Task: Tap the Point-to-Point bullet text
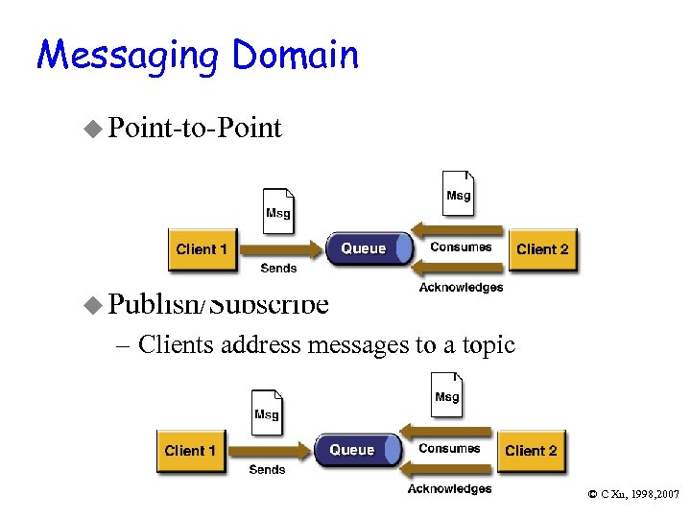click(x=195, y=128)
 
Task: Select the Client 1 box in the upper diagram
click(x=202, y=249)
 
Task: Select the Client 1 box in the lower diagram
click(x=190, y=451)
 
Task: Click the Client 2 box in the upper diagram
click(x=542, y=249)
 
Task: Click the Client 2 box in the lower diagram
click(x=531, y=451)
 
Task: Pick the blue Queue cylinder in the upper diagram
click(x=367, y=248)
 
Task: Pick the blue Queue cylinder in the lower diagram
click(x=355, y=450)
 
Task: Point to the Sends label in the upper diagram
click(x=278, y=269)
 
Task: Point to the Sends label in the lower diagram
click(x=267, y=470)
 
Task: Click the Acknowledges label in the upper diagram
click(x=461, y=288)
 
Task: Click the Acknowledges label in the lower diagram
click(x=449, y=489)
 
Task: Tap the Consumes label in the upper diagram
click(x=461, y=247)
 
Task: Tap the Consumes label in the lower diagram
click(x=449, y=449)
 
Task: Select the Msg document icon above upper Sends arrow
click(x=278, y=209)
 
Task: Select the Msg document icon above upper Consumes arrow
click(x=458, y=192)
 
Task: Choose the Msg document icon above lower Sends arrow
click(x=267, y=412)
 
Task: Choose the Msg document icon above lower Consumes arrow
click(x=446, y=393)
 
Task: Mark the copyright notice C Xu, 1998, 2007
click(x=633, y=494)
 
